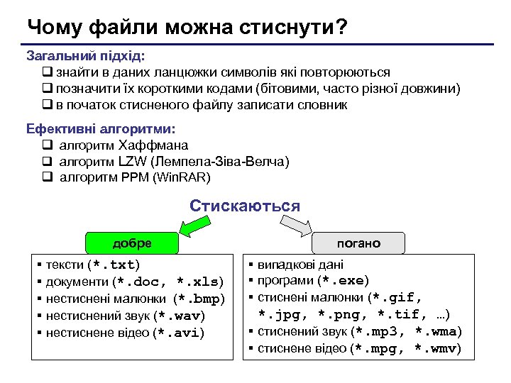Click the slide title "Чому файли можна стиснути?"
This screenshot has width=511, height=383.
click(x=187, y=27)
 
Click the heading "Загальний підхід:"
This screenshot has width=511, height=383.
click(x=86, y=55)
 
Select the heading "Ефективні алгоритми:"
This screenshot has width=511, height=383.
click(x=100, y=129)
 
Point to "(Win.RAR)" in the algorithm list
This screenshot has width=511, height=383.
click(x=182, y=177)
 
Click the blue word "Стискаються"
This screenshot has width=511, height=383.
click(x=245, y=206)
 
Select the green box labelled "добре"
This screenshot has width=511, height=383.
click(x=132, y=243)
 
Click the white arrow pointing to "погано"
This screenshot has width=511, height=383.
click(x=298, y=226)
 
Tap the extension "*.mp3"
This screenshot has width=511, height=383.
click(x=383, y=332)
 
